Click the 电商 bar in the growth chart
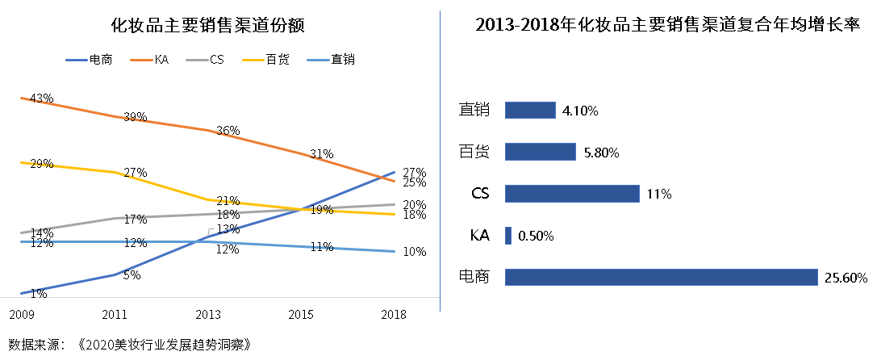[661, 278]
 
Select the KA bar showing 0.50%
[508, 236]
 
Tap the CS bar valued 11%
[572, 194]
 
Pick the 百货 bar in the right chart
[540, 152]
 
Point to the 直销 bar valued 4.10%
[530, 110]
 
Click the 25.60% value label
[846, 278]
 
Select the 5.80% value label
[601, 153]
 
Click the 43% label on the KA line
[41, 98]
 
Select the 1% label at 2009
[38, 294]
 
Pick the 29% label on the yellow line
[41, 164]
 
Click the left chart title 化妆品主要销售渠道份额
[207, 25]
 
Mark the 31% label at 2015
[321, 154]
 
